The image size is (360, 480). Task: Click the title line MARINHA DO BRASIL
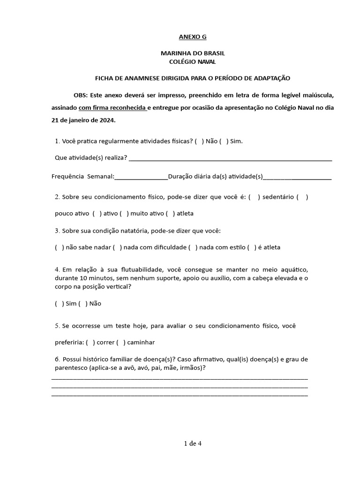[x=193, y=53]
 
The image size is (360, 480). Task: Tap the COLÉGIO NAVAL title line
[x=193, y=61]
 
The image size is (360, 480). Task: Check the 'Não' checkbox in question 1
[x=199, y=141]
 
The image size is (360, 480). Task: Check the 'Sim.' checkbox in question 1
[x=223, y=141]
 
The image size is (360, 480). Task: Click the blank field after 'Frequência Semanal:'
[x=141, y=177]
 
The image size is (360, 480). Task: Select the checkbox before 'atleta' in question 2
[x=170, y=213]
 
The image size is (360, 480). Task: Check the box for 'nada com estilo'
[x=193, y=247]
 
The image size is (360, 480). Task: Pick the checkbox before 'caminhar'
[x=120, y=342]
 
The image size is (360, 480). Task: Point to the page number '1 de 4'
[x=193, y=442]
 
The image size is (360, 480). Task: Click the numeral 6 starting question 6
[x=57, y=359]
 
